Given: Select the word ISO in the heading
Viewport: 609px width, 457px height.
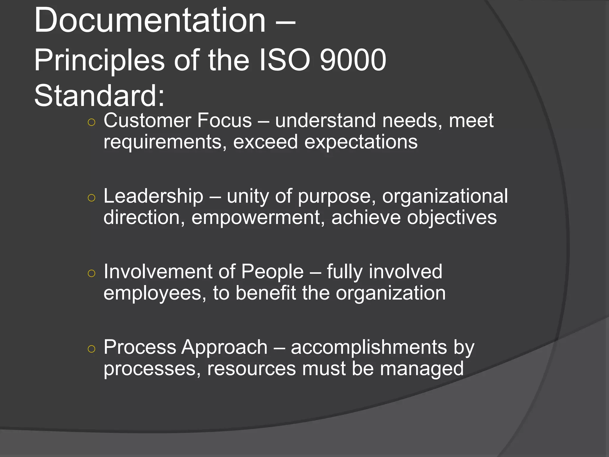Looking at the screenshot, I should pyautogui.click(x=285, y=60).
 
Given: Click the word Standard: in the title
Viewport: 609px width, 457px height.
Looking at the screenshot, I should pyautogui.click(x=99, y=96).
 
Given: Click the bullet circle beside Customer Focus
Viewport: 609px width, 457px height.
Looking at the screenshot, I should pyautogui.click(x=92, y=122).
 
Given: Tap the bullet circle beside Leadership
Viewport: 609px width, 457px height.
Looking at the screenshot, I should pyautogui.click(x=92, y=198).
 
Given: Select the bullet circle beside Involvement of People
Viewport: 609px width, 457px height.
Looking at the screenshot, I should pyautogui.click(x=92, y=273).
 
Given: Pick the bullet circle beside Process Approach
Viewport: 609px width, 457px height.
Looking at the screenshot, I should pyautogui.click(x=92, y=349).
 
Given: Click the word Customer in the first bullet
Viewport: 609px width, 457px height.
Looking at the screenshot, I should pyautogui.click(x=147, y=120).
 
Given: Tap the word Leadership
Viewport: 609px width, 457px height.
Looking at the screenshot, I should pyautogui.click(x=153, y=196).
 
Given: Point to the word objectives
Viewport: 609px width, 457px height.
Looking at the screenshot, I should pyautogui.click(x=452, y=218).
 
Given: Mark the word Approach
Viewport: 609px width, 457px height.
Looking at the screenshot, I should pyautogui.click(x=225, y=348).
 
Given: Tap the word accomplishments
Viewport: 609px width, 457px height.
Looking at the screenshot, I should pyautogui.click(x=369, y=347).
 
